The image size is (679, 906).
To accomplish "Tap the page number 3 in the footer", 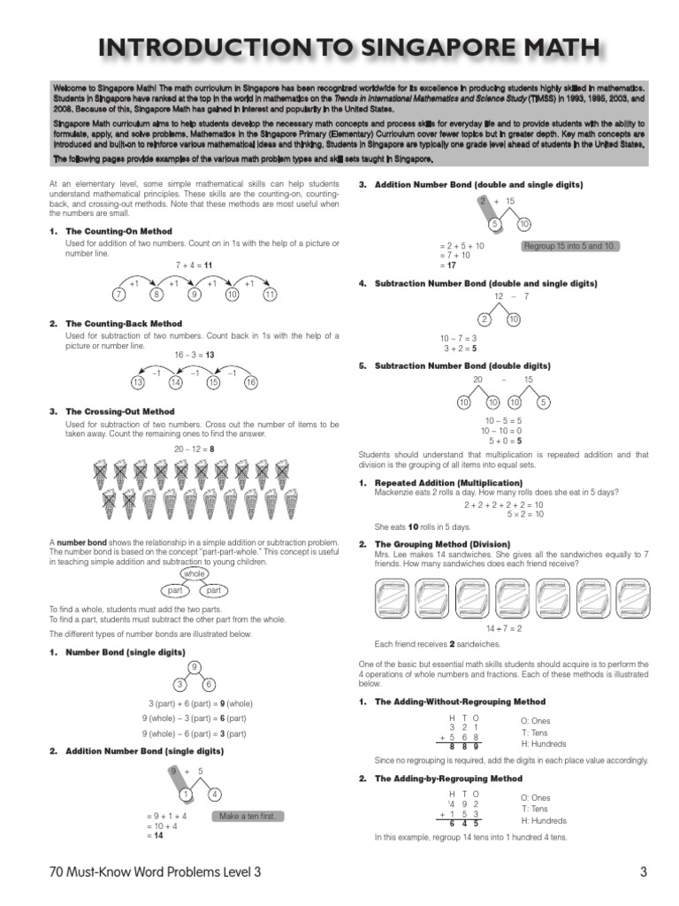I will coord(643,873).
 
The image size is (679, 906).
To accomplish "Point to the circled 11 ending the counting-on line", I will coord(270,295).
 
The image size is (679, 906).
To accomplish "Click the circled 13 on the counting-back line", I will coord(137,382).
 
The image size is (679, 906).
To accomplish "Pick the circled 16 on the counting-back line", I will coord(251,382).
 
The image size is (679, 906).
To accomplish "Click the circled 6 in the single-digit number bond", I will coord(209,684).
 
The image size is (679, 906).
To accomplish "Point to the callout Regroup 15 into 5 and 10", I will coord(570,246).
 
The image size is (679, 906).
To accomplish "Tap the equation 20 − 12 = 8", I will coord(195,449).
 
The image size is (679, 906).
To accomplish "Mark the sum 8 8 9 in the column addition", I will coord(465,746).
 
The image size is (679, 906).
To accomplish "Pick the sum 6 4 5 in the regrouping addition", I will coord(465,824).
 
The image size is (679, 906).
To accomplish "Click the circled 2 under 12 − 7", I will coord(484,319).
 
